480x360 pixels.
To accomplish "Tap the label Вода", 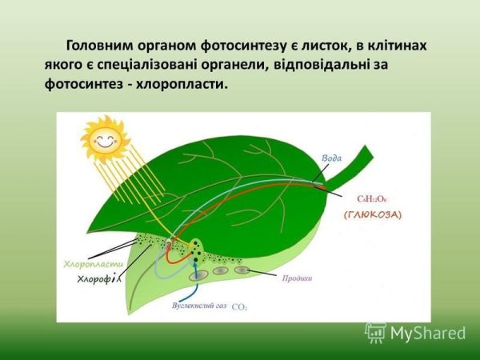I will (331, 158).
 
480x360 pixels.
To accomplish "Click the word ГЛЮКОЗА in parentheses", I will (373, 215).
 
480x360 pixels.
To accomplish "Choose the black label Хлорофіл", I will (98, 278).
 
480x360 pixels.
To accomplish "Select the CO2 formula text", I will (239, 306).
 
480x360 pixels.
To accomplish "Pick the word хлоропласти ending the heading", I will (190, 82).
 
